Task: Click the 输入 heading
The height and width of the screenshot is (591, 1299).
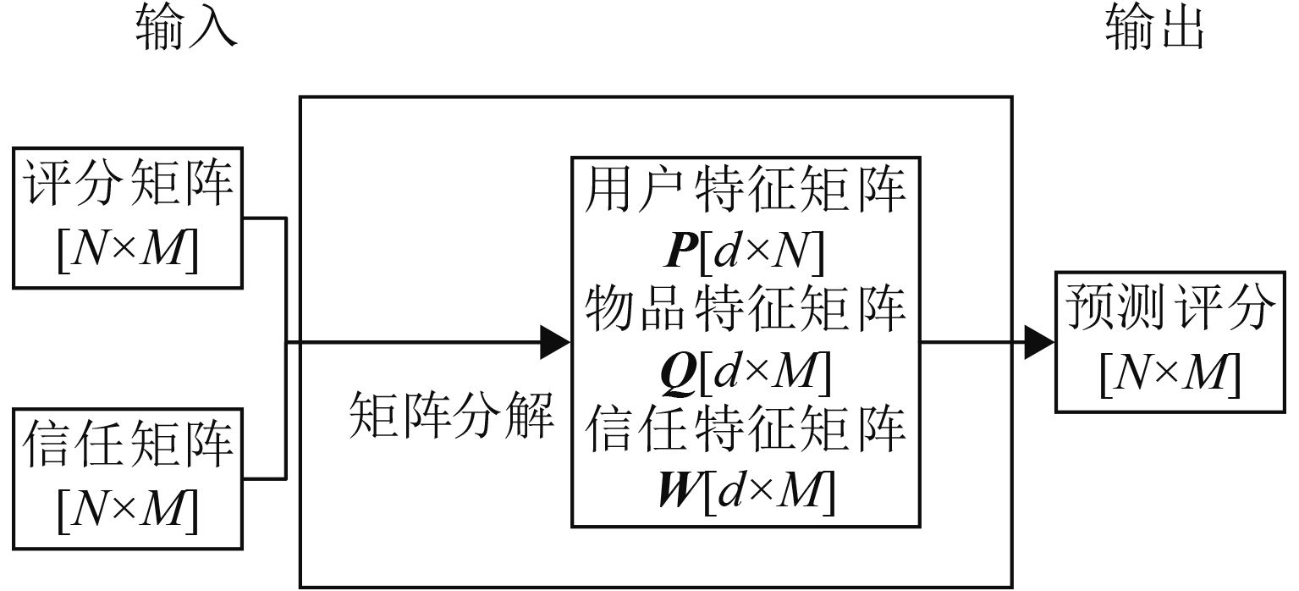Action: pos(184,30)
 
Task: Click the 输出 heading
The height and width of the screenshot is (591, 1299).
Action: pos(1154,30)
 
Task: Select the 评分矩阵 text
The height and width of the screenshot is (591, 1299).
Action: pos(128,182)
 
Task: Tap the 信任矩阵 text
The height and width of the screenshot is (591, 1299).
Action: pos(128,443)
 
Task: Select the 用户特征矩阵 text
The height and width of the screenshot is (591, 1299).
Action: pos(745,192)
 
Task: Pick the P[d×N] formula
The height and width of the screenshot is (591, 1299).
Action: pos(745,251)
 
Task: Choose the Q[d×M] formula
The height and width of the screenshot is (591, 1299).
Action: pos(745,370)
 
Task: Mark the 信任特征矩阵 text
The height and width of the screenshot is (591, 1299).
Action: pos(745,428)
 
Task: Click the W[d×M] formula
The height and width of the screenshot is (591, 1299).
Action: pos(745,489)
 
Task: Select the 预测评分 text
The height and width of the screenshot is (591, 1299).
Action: pos(1170,309)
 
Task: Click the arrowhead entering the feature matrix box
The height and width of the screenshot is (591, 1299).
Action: pos(555,343)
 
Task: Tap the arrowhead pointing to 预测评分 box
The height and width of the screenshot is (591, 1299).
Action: pos(1039,343)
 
